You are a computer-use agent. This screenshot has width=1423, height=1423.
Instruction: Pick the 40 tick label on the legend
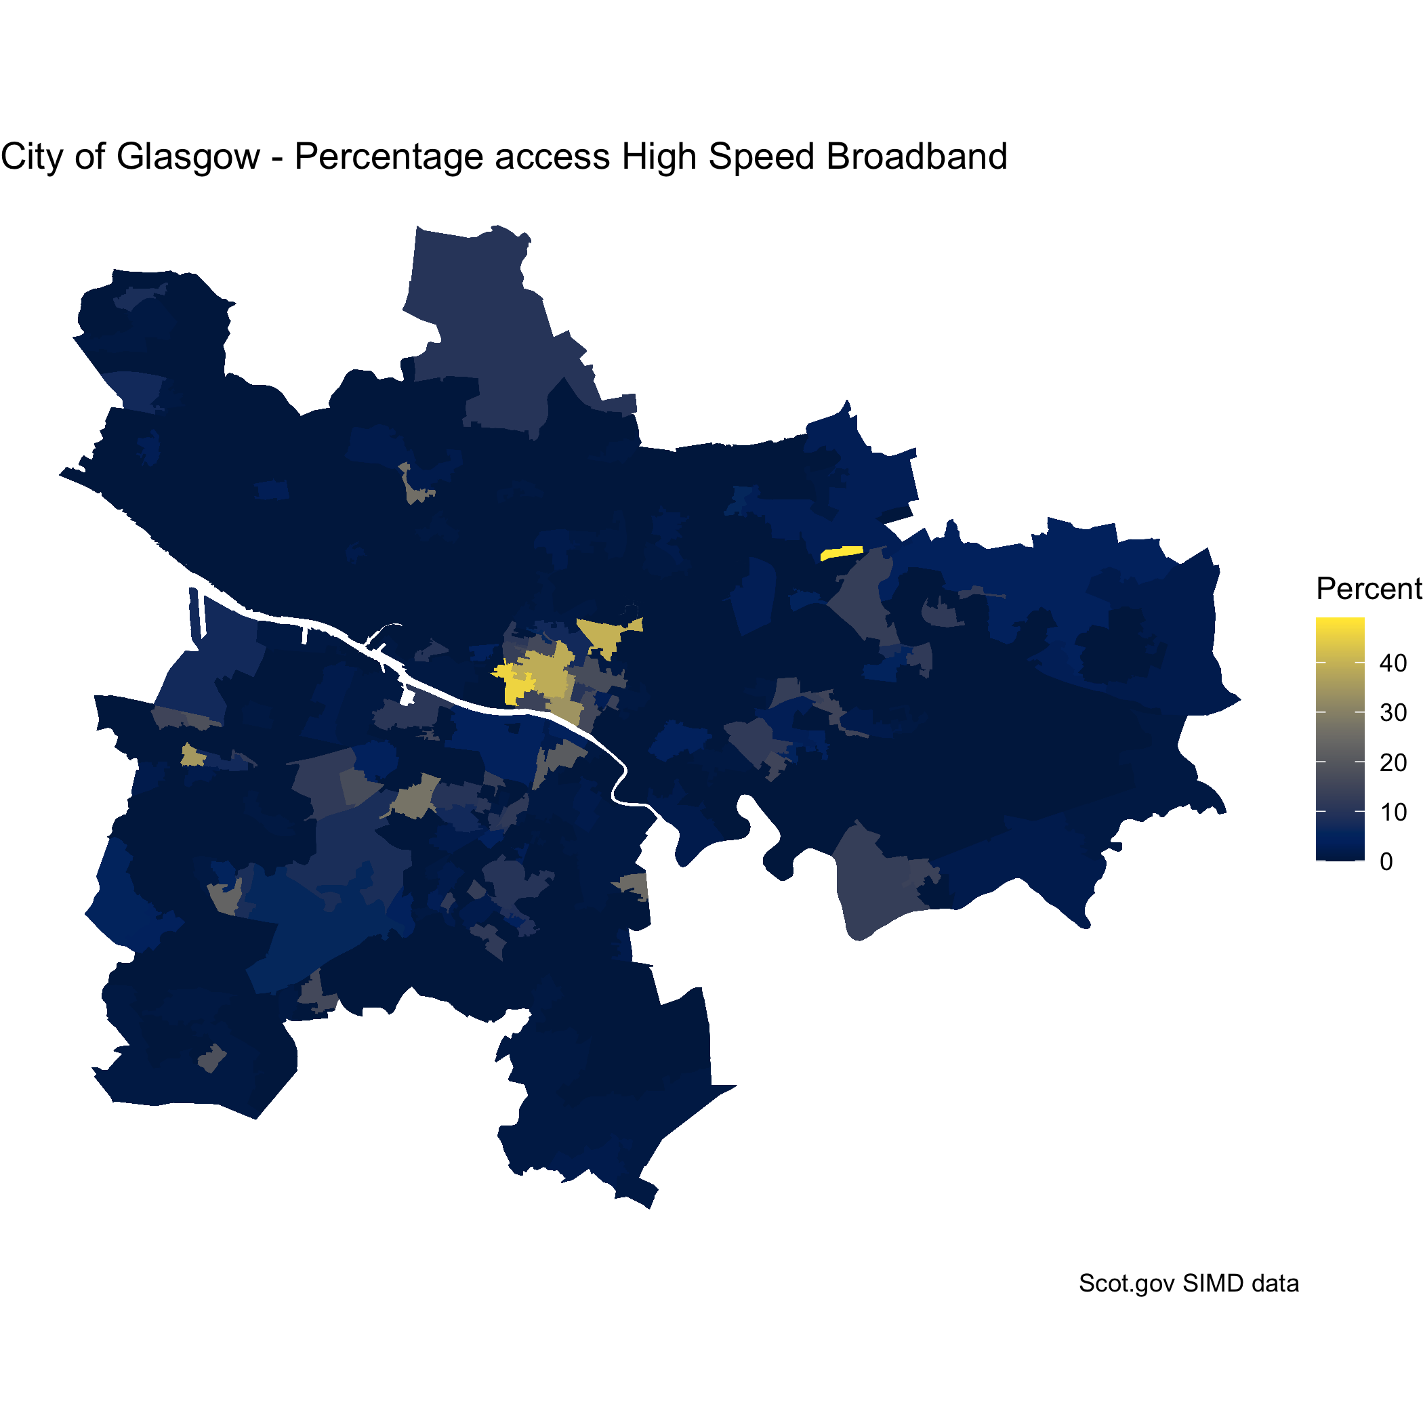pyautogui.click(x=1393, y=663)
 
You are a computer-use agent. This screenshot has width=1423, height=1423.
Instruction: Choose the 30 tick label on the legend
pyautogui.click(x=1393, y=713)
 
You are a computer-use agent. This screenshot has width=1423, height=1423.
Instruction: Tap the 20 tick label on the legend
pyautogui.click(x=1393, y=762)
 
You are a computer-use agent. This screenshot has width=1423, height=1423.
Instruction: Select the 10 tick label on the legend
pyautogui.click(x=1393, y=812)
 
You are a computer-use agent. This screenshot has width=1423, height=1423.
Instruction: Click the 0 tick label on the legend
pyautogui.click(x=1386, y=862)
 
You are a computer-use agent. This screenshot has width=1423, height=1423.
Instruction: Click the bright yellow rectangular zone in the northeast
pyautogui.click(x=841, y=553)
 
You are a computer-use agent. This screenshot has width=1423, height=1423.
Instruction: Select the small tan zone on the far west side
pyautogui.click(x=192, y=756)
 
